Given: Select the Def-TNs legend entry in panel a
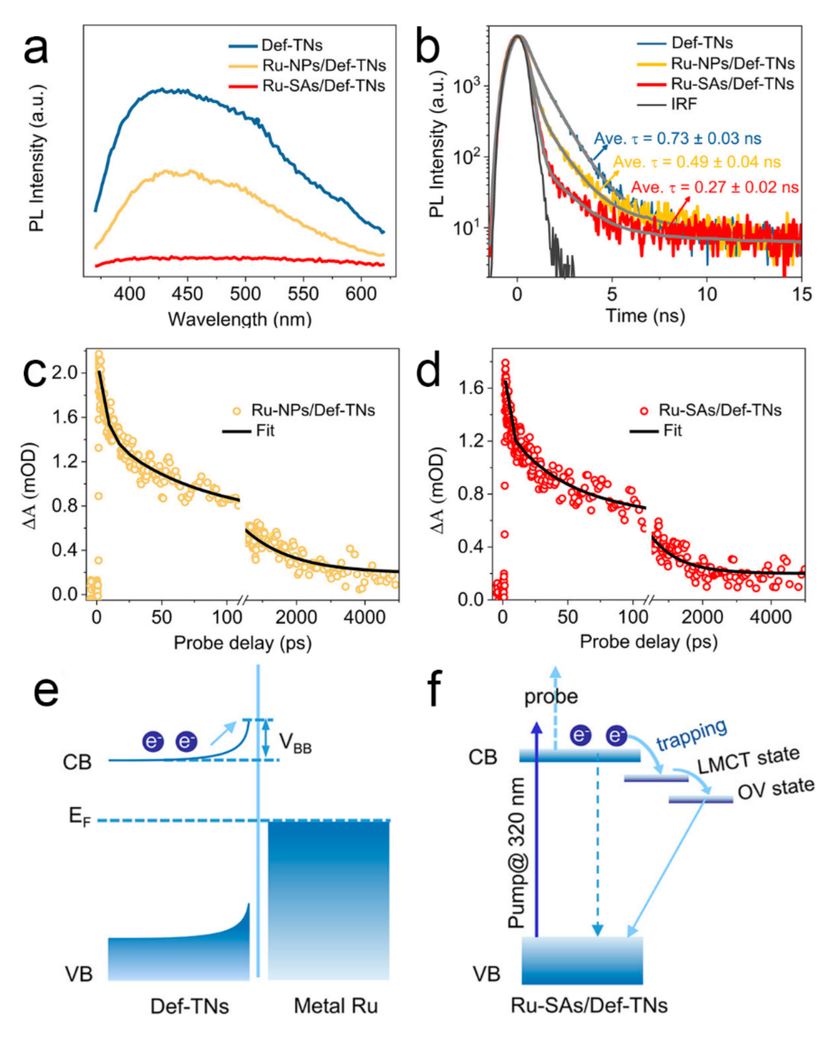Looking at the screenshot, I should click(x=292, y=45).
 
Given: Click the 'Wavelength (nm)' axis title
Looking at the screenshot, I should click(x=240, y=319).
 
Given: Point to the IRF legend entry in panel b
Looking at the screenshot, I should click(x=684, y=104).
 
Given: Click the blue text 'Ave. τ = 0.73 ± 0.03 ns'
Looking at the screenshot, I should click(x=677, y=139).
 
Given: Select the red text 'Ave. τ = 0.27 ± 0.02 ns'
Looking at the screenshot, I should click(x=715, y=187).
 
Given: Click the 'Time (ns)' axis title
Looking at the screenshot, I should click(x=645, y=316).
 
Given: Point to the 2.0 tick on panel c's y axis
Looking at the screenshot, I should click(x=65, y=372).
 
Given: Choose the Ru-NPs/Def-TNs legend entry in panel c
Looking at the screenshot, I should click(x=313, y=410).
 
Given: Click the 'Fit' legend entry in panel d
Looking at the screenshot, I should click(x=672, y=430).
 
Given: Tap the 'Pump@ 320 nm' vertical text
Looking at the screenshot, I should click(x=517, y=853).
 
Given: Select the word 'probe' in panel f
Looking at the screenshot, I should click(x=551, y=696).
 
